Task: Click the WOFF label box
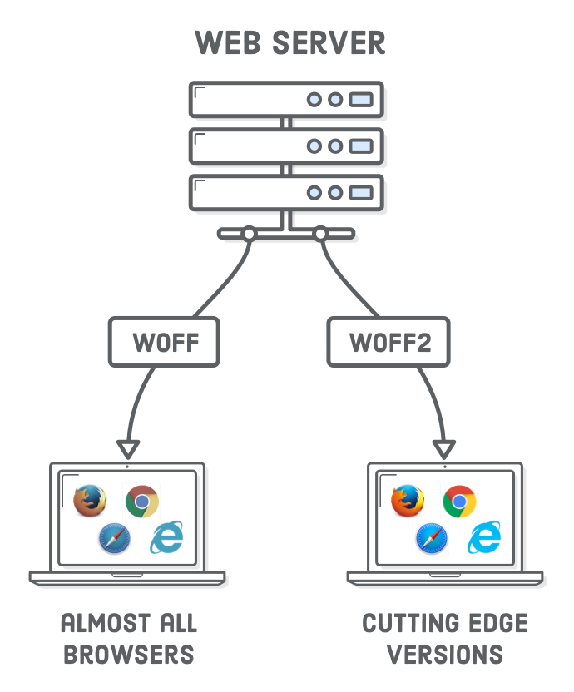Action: pyautogui.click(x=164, y=343)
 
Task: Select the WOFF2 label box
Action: pyautogui.click(x=389, y=343)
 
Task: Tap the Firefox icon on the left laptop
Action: pyautogui.click(x=90, y=501)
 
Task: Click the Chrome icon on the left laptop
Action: pyautogui.click(x=142, y=502)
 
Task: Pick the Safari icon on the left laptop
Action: pyautogui.click(x=114, y=538)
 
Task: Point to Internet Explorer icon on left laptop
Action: pyautogui.click(x=167, y=537)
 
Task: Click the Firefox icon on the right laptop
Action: pyautogui.click(x=408, y=501)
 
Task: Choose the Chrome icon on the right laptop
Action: pyautogui.click(x=459, y=502)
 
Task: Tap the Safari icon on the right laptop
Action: pyautogui.click(x=432, y=538)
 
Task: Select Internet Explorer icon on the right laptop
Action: pyautogui.click(x=485, y=537)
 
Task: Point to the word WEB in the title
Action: pyautogui.click(x=225, y=42)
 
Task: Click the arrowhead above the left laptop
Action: pyautogui.click(x=126, y=450)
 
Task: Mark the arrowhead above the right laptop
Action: pyautogui.click(x=444, y=450)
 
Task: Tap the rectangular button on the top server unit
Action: pyautogui.click(x=360, y=100)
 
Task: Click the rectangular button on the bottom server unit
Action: pyautogui.click(x=360, y=193)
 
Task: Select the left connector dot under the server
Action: pyautogui.click(x=248, y=235)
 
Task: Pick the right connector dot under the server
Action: pyautogui.click(x=320, y=235)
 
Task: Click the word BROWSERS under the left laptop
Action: pyautogui.click(x=129, y=654)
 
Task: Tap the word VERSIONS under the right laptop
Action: pyautogui.click(x=446, y=654)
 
